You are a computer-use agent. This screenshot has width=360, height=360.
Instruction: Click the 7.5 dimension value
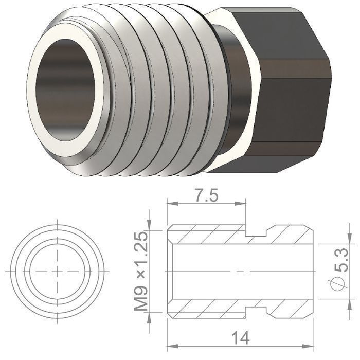(x=206, y=195)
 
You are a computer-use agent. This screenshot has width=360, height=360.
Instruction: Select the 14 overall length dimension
(x=240, y=338)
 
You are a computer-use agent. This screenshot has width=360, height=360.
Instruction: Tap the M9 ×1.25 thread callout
(x=140, y=272)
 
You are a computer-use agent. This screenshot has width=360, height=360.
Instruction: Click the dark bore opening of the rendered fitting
(x=65, y=90)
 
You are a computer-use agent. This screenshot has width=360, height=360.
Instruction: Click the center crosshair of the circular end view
(x=57, y=272)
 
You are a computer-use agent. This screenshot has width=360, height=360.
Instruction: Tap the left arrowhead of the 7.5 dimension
(x=172, y=204)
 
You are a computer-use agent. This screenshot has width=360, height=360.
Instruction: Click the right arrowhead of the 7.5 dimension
(x=240, y=204)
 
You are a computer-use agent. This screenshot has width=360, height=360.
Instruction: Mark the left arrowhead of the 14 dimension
(x=173, y=346)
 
